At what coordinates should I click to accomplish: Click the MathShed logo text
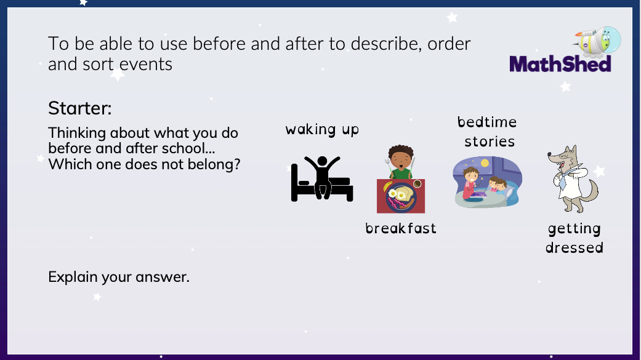[x=560, y=63]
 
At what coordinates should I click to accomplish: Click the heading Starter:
[x=80, y=108]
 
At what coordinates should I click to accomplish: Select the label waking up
[x=321, y=129]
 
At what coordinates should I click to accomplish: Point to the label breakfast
[x=400, y=228]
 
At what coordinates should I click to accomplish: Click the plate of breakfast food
[x=401, y=198]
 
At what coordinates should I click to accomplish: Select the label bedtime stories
[x=488, y=132]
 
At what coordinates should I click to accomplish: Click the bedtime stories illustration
[x=487, y=182]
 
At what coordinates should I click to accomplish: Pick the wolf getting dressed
[x=570, y=178]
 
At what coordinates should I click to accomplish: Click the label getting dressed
[x=574, y=238]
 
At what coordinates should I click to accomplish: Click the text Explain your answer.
[x=119, y=277]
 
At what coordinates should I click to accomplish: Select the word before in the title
[x=225, y=44]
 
